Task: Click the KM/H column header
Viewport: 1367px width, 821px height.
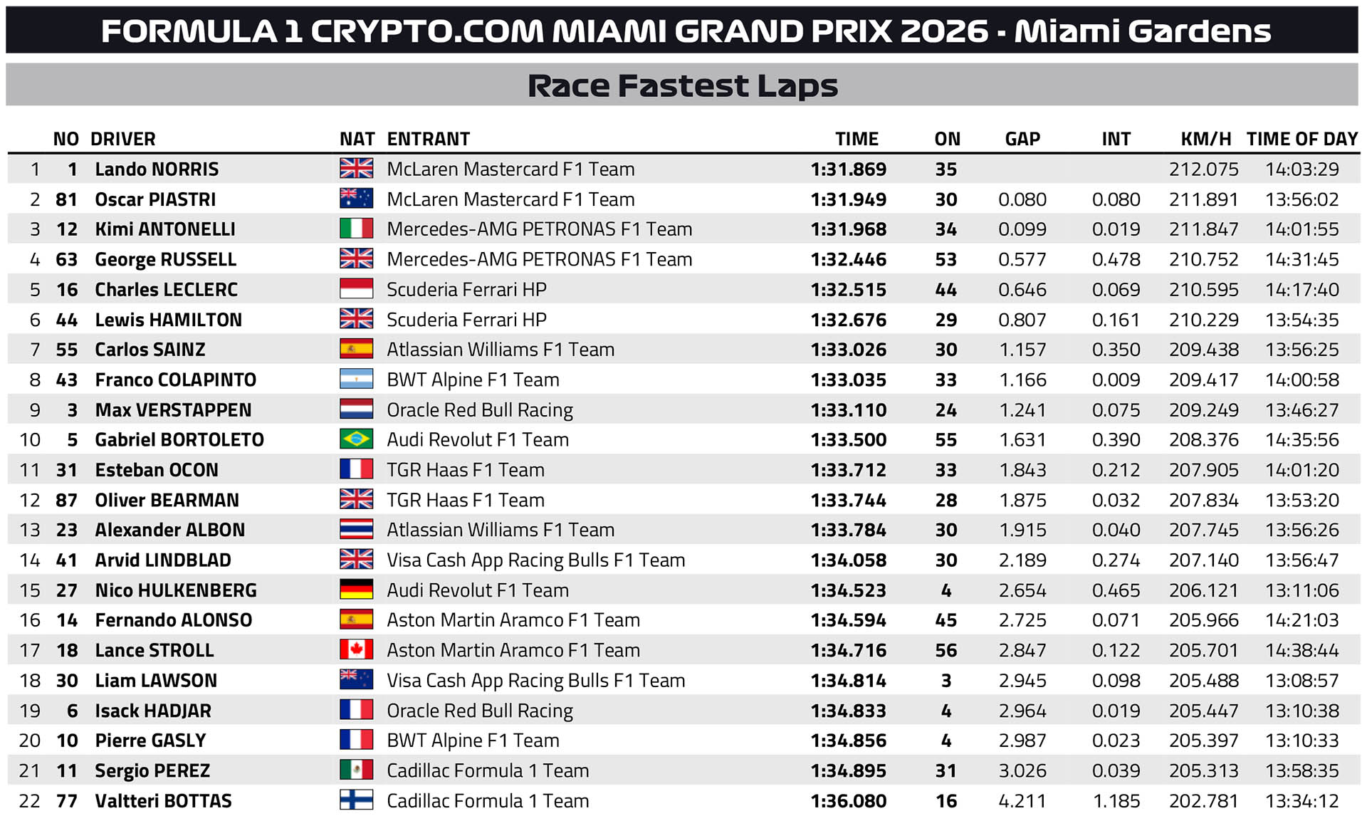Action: tap(1205, 139)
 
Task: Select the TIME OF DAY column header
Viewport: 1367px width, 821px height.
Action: tap(1302, 139)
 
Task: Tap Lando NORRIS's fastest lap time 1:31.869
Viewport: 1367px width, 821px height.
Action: tap(849, 169)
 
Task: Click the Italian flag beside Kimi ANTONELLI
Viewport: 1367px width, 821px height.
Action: tap(356, 229)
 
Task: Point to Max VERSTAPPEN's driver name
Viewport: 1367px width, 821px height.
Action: tap(173, 410)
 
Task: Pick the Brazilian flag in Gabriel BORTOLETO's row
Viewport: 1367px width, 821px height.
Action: tap(356, 439)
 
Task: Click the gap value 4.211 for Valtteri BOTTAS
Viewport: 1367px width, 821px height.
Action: tap(1022, 801)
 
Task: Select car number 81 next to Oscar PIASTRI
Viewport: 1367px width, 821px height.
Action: tap(66, 199)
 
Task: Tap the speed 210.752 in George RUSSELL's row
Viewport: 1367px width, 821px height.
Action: tap(1203, 260)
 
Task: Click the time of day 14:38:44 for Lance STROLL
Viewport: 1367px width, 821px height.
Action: tap(1301, 651)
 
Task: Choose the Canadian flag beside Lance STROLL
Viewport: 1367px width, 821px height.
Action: tap(356, 649)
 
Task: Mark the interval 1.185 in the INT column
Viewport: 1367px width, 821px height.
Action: tap(1116, 801)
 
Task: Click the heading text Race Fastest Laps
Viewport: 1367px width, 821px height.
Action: tap(683, 86)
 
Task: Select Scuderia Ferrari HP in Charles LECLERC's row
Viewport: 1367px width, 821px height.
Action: tap(466, 290)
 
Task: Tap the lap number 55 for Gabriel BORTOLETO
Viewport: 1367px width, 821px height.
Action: tap(946, 440)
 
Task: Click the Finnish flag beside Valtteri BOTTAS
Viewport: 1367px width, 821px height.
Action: tap(356, 800)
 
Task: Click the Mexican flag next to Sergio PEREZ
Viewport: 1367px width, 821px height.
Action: tap(356, 770)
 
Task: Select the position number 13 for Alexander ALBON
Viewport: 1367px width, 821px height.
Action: tap(30, 530)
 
